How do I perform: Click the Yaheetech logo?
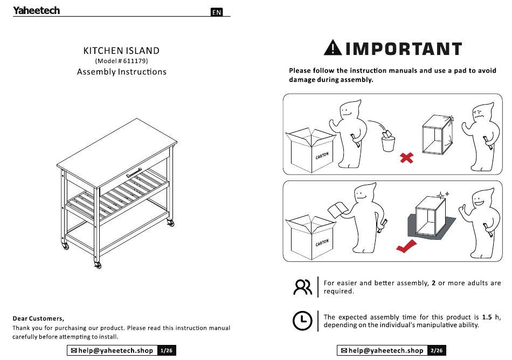[36, 10]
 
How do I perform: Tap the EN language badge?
[217, 12]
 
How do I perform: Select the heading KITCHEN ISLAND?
[121, 51]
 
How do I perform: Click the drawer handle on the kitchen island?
[134, 172]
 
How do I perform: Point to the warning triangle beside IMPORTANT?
[333, 47]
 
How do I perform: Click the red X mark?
[406, 158]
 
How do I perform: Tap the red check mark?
[406, 246]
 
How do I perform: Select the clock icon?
[302, 321]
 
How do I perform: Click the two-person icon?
[303, 287]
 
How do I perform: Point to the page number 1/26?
[167, 350]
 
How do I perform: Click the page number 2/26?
[437, 350]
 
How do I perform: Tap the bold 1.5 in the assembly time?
[487, 317]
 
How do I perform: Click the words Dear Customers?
[38, 319]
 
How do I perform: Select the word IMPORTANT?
[404, 49]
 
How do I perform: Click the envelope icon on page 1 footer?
[74, 350]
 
